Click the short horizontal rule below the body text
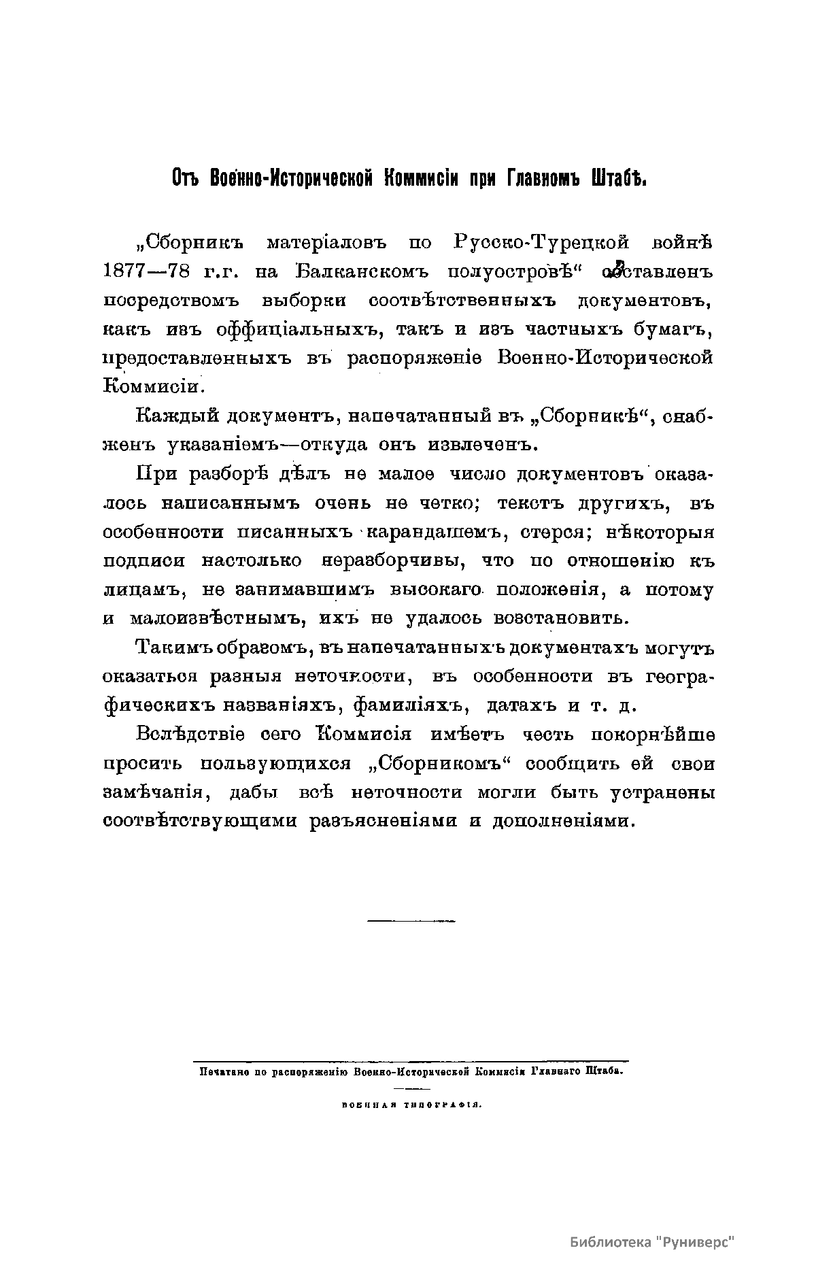tap(411, 920)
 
